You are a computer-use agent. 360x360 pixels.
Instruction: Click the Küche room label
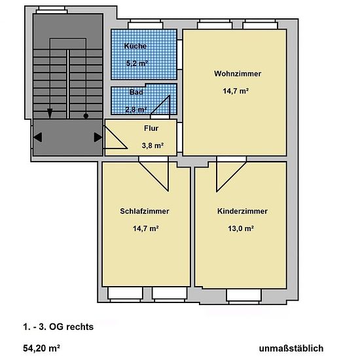(x=135, y=46)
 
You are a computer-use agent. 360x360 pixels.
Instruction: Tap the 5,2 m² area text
(x=137, y=63)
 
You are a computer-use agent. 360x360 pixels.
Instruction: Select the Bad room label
(x=136, y=92)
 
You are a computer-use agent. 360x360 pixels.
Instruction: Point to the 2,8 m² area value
(x=136, y=109)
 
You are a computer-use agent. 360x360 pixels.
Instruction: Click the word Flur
(x=151, y=128)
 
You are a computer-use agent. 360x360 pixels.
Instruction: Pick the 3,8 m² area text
(x=153, y=145)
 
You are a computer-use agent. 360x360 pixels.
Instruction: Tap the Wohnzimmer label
(x=238, y=73)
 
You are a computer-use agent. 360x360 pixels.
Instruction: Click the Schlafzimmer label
(x=145, y=211)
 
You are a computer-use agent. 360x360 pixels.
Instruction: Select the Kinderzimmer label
(x=242, y=211)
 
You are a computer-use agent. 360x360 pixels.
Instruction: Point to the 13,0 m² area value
(x=241, y=228)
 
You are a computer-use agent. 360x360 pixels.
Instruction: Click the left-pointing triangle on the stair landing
(x=38, y=137)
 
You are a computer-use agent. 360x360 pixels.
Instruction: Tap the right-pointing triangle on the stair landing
(x=98, y=137)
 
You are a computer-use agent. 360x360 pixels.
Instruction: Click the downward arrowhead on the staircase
(x=50, y=113)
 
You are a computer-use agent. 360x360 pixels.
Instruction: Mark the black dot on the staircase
(x=86, y=116)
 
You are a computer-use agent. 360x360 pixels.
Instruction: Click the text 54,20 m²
(x=41, y=348)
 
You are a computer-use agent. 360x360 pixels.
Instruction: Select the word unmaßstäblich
(x=291, y=348)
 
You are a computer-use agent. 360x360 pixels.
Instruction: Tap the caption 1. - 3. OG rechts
(x=58, y=327)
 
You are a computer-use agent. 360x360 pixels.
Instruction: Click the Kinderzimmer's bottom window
(x=244, y=297)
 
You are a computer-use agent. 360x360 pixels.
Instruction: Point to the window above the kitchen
(x=145, y=24)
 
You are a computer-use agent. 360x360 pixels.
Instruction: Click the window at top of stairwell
(x=52, y=10)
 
